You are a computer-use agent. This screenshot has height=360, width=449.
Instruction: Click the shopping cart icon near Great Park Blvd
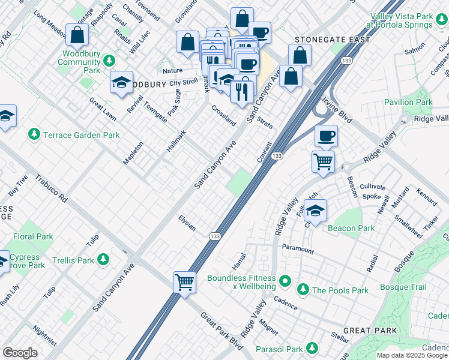tap(184, 282)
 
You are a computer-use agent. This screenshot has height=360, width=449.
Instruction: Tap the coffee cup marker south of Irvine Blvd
tap(325, 136)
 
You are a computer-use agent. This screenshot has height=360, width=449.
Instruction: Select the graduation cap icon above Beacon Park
tap(315, 211)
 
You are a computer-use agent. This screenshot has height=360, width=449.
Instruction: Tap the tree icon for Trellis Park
tap(103, 260)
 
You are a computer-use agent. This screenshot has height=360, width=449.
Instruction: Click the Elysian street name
tap(187, 223)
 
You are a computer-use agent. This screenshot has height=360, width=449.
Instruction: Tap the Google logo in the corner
tap(20, 352)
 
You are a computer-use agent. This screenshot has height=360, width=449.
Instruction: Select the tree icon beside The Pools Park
tap(303, 290)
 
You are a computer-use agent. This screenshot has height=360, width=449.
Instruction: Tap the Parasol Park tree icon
tap(312, 347)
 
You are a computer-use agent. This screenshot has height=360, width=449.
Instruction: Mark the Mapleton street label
tap(133, 154)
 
